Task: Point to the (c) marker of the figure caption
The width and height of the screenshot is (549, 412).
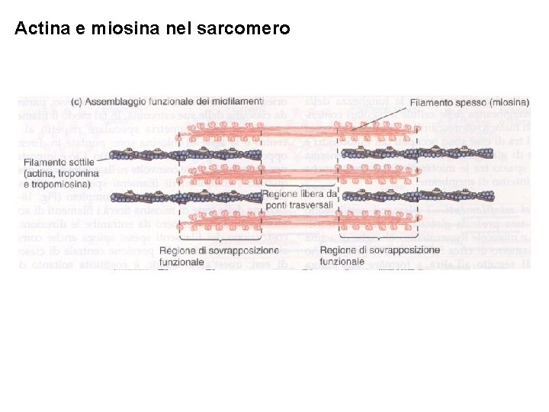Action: [76, 100]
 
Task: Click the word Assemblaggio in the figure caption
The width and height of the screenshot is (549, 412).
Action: [118, 100]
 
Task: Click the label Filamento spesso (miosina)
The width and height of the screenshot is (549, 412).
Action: [469, 102]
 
